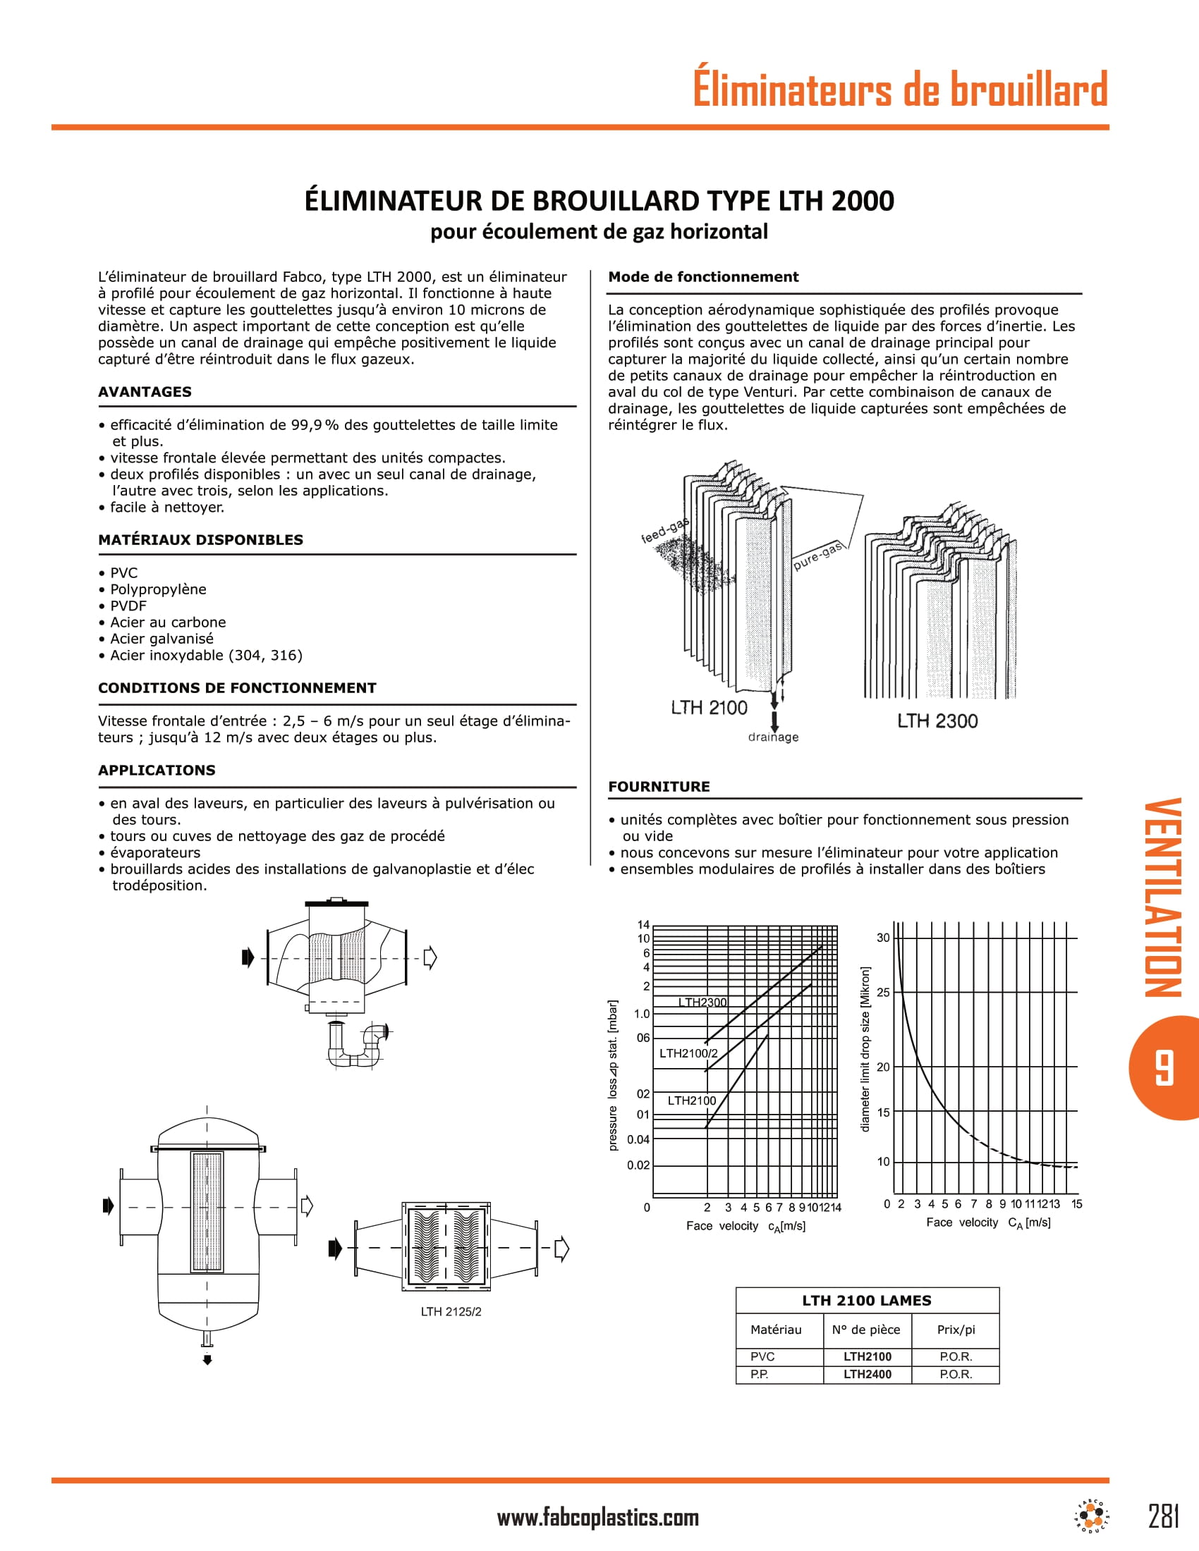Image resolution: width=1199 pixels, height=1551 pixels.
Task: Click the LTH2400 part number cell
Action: coord(867,1374)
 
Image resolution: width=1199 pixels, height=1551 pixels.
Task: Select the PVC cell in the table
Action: coord(762,1356)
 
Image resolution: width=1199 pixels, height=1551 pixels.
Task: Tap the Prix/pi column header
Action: coord(956,1330)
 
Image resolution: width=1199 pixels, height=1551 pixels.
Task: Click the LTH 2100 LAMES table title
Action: coord(867,1300)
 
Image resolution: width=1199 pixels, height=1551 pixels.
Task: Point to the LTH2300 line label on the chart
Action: coord(702,1003)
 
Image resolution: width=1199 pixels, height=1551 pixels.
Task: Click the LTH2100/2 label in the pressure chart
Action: coord(688,1053)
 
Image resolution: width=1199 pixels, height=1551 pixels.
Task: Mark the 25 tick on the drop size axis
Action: coord(883,992)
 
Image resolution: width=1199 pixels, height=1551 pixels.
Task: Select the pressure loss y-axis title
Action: coord(613,1075)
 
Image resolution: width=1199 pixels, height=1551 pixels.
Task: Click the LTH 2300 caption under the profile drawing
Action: coord(937,721)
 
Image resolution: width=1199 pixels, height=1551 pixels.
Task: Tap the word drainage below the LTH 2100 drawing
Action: coord(773,737)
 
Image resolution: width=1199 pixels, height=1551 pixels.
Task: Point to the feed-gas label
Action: coord(665,531)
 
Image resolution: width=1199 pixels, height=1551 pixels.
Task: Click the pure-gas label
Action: coord(817,556)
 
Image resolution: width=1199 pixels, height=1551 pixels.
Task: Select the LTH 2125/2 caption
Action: coord(451,1312)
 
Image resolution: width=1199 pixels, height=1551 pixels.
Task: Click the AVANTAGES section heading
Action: coord(145,392)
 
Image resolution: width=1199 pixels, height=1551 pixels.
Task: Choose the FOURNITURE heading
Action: coord(659,787)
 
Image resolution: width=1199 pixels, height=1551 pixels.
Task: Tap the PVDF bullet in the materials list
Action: coord(128,606)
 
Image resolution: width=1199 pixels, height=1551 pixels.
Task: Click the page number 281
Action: coord(1164,1516)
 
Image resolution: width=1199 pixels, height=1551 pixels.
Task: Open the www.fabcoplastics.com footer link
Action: coord(597,1518)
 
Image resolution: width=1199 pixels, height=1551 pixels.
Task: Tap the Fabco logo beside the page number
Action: coord(1092,1516)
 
